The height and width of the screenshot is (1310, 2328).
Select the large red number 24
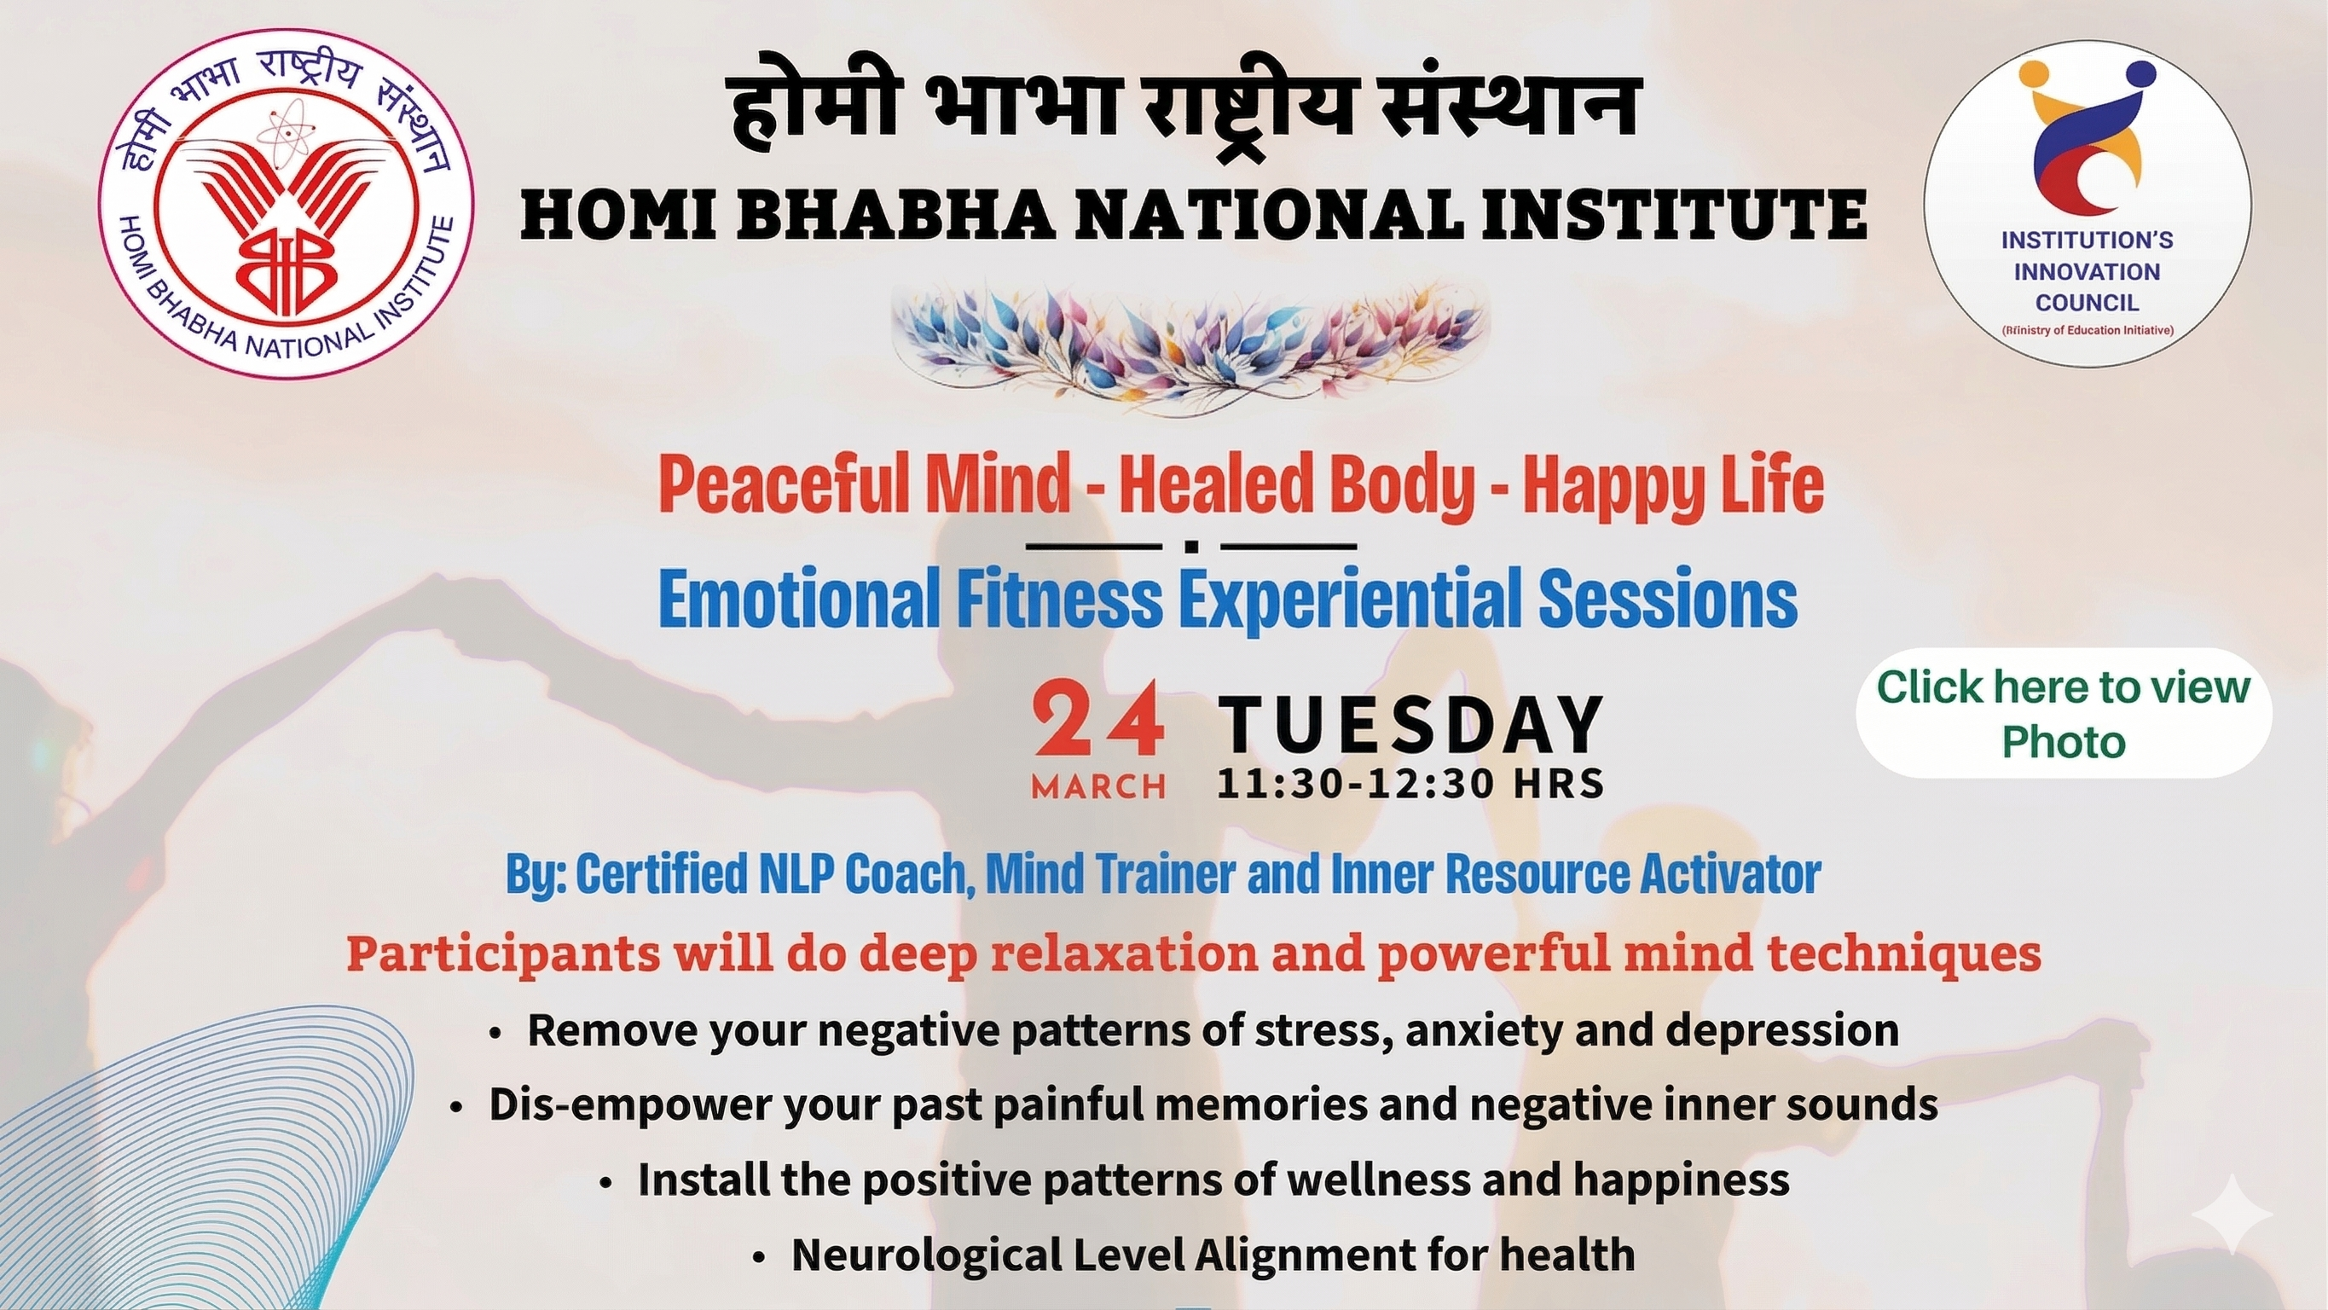click(x=1098, y=722)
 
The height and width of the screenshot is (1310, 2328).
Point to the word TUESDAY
click(x=1410, y=724)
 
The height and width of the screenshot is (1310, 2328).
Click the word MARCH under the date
click(x=1098, y=786)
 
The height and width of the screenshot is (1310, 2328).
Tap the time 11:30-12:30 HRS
click(x=1410, y=783)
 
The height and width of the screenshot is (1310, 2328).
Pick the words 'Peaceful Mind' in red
click(x=865, y=485)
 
